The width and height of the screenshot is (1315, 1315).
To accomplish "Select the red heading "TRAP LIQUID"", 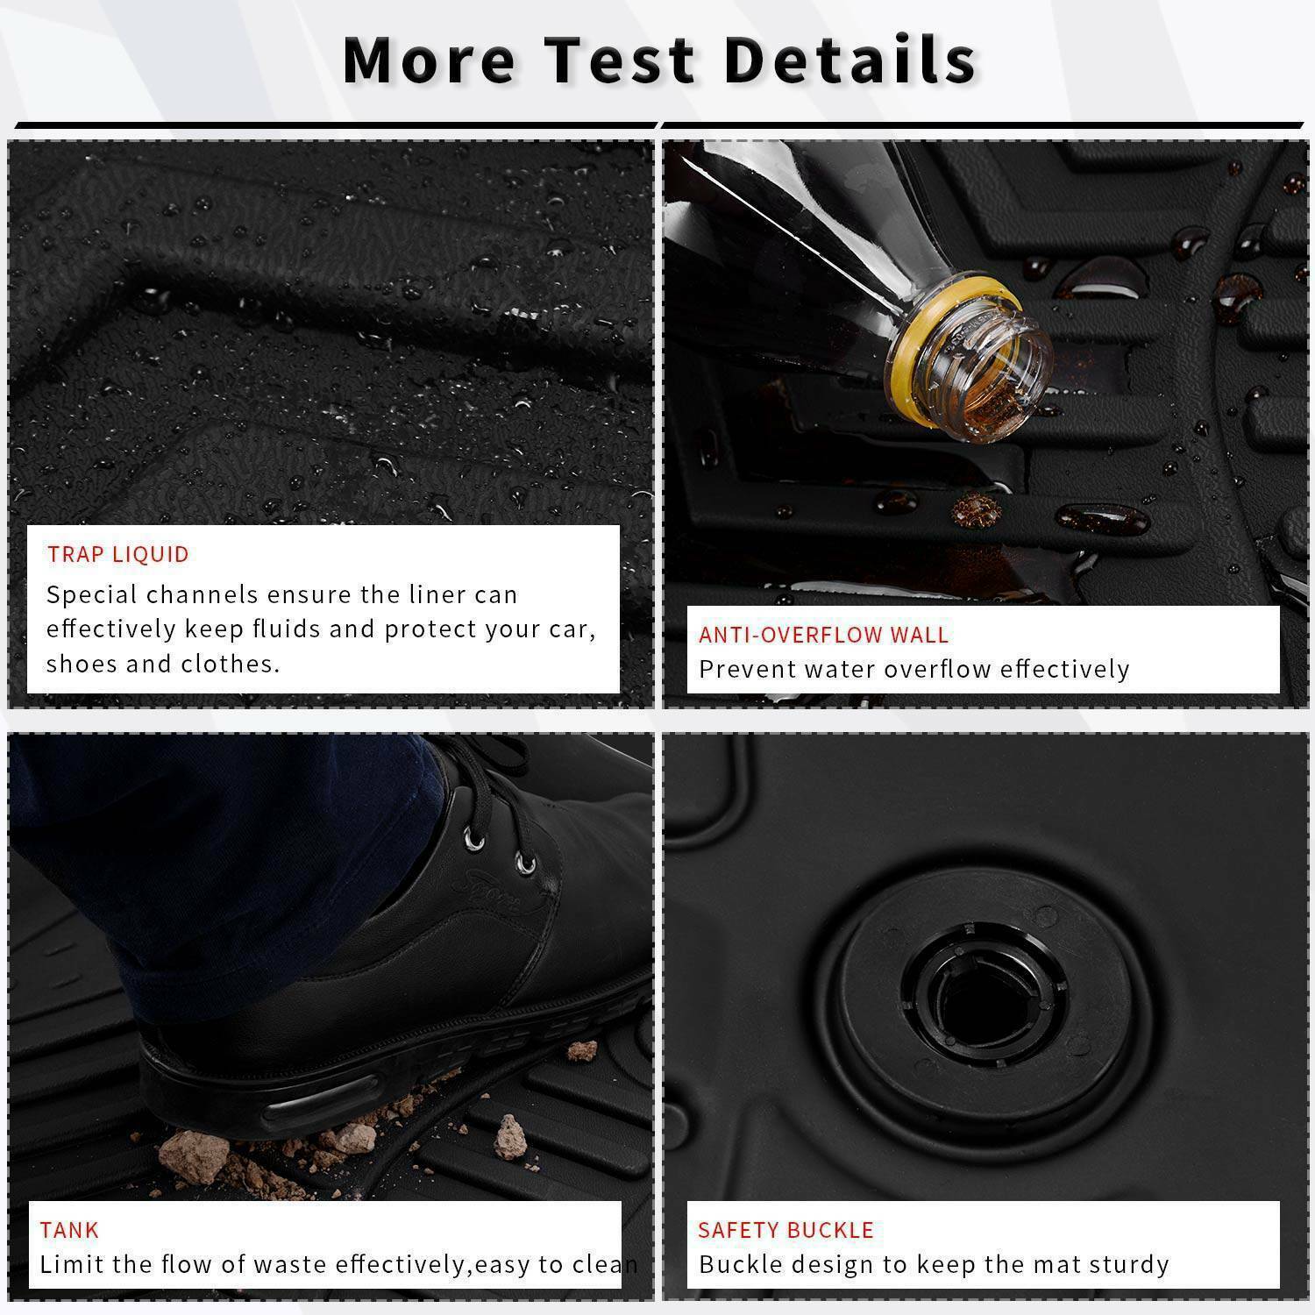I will pos(118,554).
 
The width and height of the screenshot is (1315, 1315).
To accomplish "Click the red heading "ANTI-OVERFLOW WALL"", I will pos(823,635).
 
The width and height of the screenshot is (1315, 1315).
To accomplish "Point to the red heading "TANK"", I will pos(69,1230).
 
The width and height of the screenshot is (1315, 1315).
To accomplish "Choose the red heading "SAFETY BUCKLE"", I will pos(785,1230).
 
